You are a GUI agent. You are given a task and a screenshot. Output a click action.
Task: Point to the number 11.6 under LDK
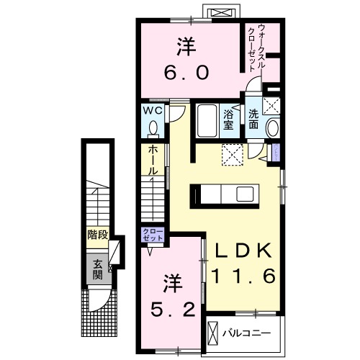[x=243, y=276]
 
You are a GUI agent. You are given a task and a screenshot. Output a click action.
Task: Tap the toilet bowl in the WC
[x=153, y=129]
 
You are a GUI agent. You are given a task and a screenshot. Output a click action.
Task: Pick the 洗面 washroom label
[x=254, y=119]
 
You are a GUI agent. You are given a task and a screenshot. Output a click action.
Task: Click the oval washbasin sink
[x=274, y=128]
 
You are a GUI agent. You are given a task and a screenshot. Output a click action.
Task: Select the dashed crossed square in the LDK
[x=233, y=155]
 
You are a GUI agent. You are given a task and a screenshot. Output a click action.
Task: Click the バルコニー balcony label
[x=246, y=333]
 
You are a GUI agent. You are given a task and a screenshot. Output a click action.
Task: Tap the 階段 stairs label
[x=98, y=235]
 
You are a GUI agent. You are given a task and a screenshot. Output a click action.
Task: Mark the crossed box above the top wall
[x=221, y=12]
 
